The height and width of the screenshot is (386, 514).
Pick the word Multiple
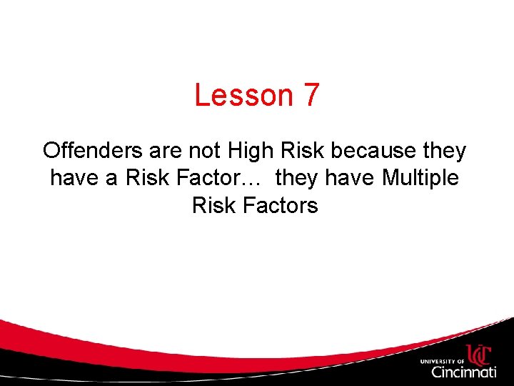[420, 177]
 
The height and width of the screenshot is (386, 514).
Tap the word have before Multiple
[351, 177]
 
